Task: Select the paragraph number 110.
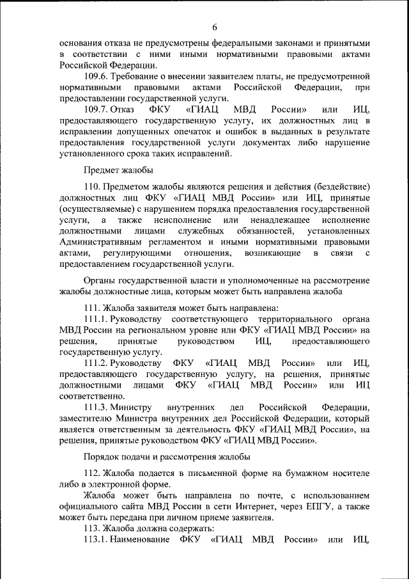[92, 186]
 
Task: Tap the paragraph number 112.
[92, 473]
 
